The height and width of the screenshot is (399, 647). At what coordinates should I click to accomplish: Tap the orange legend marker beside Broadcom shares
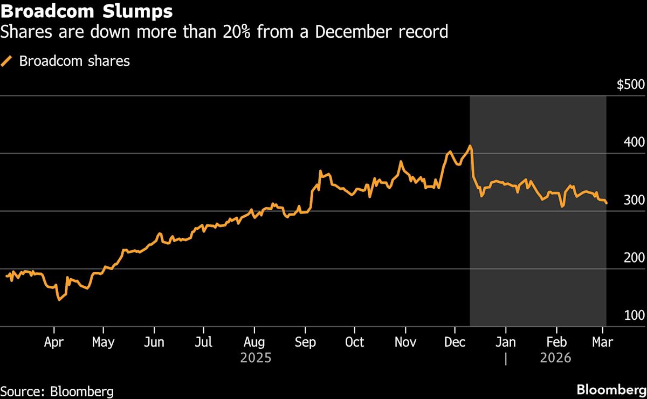[7, 61]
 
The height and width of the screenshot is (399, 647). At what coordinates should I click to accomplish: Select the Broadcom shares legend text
[74, 61]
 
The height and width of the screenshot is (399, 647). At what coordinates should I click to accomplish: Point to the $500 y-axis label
[630, 85]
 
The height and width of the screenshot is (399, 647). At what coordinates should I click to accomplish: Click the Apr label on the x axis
[54, 342]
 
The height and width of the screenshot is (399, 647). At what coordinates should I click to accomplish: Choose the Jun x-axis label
[154, 342]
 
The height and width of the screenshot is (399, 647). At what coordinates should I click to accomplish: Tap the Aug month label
[254, 342]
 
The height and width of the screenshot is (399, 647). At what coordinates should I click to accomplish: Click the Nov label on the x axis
[405, 342]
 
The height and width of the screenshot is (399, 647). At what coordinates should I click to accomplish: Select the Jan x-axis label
[506, 342]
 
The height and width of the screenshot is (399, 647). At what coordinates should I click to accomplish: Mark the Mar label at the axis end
[602, 342]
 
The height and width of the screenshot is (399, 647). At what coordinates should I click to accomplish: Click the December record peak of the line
[471, 146]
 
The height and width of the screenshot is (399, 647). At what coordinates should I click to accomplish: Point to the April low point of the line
[59, 299]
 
